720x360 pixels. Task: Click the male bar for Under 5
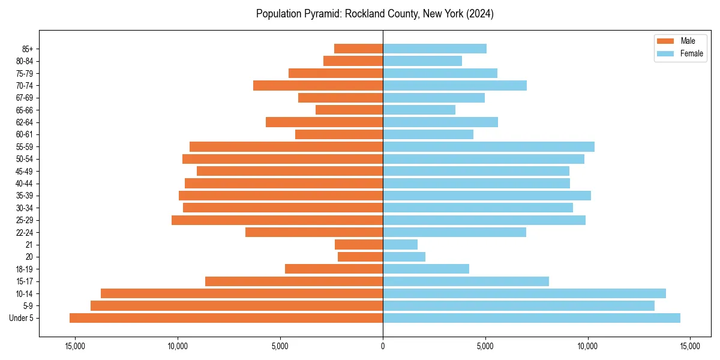pos(226,318)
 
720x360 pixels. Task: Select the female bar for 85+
pos(434,49)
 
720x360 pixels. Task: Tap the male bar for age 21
pos(359,244)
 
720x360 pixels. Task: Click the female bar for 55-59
pos(488,146)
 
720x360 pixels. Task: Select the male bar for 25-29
pos(277,220)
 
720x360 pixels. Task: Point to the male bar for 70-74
pos(318,85)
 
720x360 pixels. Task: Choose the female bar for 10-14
pos(524,293)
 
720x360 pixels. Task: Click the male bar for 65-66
pos(349,110)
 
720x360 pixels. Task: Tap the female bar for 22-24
pos(454,232)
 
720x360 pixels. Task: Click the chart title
pos(375,14)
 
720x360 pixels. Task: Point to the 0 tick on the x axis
pos(383,346)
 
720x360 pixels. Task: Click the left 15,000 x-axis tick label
pos(75,346)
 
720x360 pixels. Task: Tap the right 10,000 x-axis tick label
pos(587,346)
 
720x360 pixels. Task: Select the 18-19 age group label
pos(24,269)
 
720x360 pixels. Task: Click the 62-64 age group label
pos(24,122)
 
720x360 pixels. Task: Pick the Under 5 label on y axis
pos(22,318)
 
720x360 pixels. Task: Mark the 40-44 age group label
pos(24,183)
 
